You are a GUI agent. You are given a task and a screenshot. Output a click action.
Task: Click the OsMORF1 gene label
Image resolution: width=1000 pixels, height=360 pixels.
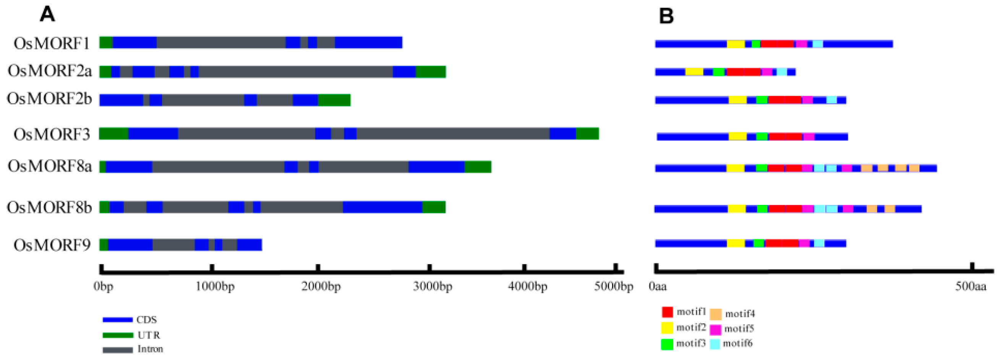[x=52, y=43]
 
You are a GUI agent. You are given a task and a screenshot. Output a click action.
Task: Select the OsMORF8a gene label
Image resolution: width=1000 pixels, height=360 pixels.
[x=50, y=166]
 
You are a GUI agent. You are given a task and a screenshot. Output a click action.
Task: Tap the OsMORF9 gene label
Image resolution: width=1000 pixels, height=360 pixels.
[x=52, y=245]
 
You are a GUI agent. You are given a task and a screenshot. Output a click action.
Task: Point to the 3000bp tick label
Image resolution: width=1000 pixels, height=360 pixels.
[x=432, y=287]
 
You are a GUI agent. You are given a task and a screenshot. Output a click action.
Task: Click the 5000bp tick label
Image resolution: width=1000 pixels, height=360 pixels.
[x=613, y=287]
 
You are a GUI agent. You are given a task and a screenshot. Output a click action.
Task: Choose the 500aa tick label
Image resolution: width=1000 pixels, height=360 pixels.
[x=971, y=287]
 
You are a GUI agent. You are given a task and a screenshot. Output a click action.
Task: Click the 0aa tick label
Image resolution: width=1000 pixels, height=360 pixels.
[x=658, y=287]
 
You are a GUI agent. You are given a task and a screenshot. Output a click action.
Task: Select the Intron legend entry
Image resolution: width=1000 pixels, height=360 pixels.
[x=150, y=349]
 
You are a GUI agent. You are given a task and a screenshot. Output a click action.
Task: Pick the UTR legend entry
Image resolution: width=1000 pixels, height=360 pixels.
[x=148, y=335]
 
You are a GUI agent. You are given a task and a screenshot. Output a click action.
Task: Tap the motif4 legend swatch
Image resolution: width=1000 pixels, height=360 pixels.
[x=715, y=314]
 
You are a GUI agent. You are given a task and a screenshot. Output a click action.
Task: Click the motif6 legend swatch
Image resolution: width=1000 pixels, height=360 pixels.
[x=715, y=344]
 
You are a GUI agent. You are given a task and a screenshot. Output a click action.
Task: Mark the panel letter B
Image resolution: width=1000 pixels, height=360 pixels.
[x=666, y=16]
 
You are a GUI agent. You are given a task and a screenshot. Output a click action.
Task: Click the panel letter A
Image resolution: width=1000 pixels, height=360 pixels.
[x=47, y=15]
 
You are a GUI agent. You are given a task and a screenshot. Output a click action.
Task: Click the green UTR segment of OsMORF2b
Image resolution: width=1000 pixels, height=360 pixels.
[x=334, y=100]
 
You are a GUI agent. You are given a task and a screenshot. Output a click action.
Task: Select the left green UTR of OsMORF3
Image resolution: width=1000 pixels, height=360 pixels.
[x=113, y=134]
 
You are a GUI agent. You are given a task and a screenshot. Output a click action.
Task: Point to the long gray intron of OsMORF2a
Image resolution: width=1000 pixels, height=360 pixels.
[x=295, y=72]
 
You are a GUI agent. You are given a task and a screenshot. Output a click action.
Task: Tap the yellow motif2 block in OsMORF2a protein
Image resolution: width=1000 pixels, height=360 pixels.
[x=694, y=72]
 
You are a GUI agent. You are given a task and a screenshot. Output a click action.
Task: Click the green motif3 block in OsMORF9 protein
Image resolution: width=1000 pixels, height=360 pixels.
[x=759, y=243]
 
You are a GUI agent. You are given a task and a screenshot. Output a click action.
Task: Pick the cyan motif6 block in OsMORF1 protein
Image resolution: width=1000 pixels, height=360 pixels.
[x=818, y=44]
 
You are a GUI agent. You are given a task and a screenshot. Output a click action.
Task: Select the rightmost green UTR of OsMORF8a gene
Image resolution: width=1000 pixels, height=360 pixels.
[x=478, y=167]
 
